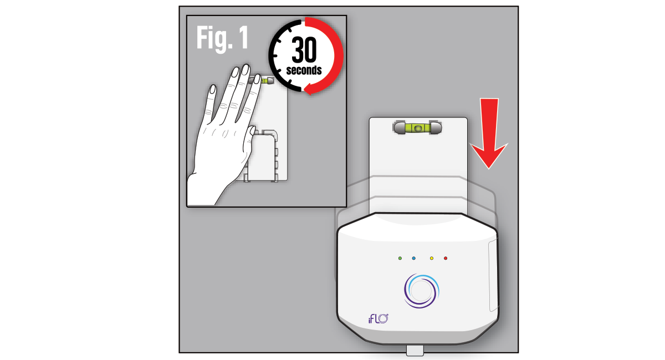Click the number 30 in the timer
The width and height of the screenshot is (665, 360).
click(x=304, y=49)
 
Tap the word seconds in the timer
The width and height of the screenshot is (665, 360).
click(x=304, y=70)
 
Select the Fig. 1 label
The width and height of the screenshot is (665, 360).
click(x=222, y=39)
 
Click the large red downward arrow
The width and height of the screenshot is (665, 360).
click(x=489, y=133)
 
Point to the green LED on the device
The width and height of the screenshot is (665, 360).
click(x=400, y=259)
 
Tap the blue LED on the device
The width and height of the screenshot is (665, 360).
click(x=414, y=259)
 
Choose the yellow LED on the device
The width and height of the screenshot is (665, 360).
click(x=432, y=259)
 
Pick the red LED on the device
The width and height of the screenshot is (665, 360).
click(x=446, y=259)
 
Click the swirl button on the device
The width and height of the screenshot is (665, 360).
click(x=421, y=291)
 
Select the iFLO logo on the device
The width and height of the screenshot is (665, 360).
click(x=378, y=319)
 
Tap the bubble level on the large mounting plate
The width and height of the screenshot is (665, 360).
click(x=418, y=128)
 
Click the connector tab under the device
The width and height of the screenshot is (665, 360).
click(x=415, y=351)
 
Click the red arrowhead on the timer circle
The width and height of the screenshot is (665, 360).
click(x=310, y=89)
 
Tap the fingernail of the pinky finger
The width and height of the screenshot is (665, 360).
click(x=213, y=89)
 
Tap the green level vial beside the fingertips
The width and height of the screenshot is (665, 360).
click(x=264, y=80)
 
